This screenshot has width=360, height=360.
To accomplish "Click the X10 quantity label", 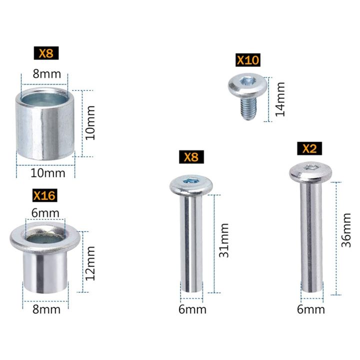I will (x=248, y=61).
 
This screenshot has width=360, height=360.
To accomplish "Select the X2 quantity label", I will (x=309, y=148).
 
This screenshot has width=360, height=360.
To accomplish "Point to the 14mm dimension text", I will (x=280, y=99).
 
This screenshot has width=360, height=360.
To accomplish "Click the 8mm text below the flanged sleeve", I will (x=46, y=309).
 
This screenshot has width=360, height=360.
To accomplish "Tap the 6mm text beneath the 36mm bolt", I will (x=310, y=309).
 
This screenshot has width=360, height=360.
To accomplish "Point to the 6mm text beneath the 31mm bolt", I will (x=192, y=309).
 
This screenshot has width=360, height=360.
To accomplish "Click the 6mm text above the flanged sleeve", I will (x=45, y=212).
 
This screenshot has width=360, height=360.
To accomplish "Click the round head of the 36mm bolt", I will (x=310, y=172).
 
